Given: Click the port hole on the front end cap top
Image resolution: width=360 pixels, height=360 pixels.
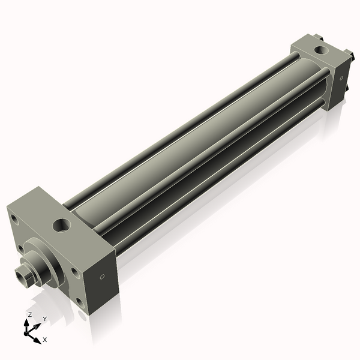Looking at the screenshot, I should click(x=62, y=226).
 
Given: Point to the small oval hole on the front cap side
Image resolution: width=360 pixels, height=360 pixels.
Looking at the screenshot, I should click(x=101, y=277).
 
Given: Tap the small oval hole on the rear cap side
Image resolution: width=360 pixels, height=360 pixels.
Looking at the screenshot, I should click(x=340, y=78).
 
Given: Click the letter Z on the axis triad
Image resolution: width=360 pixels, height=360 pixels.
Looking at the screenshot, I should click(x=29, y=314).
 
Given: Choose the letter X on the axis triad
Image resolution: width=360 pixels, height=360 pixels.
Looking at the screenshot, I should click(x=45, y=340).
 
